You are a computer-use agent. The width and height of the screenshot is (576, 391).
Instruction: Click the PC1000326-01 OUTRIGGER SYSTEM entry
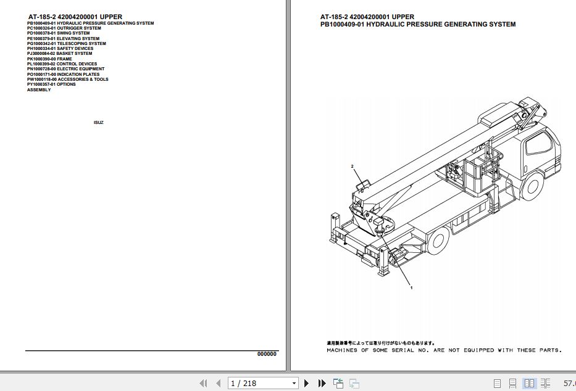click(x=64, y=28)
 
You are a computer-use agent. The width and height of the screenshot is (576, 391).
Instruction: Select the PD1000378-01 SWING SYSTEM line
click(x=58, y=33)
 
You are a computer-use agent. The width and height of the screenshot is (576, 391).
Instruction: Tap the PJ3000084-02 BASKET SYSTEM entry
click(x=59, y=54)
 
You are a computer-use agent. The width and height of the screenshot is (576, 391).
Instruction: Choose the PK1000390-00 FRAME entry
click(x=49, y=59)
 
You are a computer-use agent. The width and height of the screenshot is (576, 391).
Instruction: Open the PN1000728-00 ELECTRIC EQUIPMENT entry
click(x=65, y=69)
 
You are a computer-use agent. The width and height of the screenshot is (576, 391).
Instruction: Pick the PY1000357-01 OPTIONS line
click(x=51, y=84)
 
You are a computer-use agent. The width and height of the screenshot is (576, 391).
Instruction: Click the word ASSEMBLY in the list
click(x=39, y=90)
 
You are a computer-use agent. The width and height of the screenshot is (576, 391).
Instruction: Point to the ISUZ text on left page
click(x=98, y=123)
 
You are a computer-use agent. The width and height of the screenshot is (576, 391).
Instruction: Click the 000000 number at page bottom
click(x=267, y=354)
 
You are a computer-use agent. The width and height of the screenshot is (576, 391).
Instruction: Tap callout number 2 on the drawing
click(x=352, y=167)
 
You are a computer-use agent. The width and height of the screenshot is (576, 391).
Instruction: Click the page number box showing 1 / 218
click(x=263, y=383)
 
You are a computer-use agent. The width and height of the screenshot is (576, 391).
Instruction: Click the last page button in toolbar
click(x=322, y=383)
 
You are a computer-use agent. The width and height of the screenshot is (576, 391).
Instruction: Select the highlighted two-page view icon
click(x=528, y=383)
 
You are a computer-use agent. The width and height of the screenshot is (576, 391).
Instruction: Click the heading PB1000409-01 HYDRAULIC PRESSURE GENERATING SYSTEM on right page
click(x=417, y=25)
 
